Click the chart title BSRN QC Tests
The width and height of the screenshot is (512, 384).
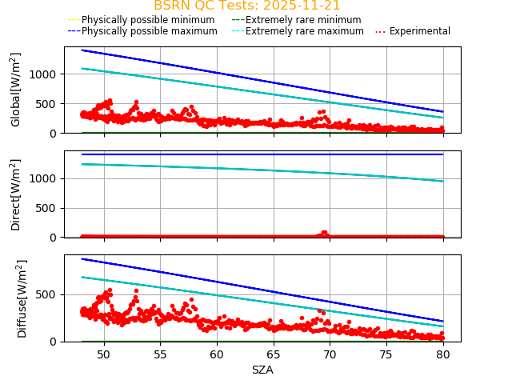pyautogui.click(x=246, y=6)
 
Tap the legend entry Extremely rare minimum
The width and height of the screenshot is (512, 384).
pyautogui.click(x=303, y=19)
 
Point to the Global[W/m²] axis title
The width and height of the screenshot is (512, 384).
pyautogui.click(x=16, y=90)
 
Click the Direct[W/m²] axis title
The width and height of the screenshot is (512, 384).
pyautogui.click(x=16, y=194)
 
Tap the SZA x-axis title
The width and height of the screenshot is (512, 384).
pyautogui.click(x=262, y=370)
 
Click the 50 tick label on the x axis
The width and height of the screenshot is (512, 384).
pyautogui.click(x=104, y=354)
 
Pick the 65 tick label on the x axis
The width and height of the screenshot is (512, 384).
pyautogui.click(x=274, y=354)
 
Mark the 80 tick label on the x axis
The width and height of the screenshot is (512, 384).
pyautogui.click(x=443, y=354)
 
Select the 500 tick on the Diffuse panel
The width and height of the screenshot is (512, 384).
pyautogui.click(x=49, y=294)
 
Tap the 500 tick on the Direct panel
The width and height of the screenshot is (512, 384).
pyautogui.click(x=49, y=208)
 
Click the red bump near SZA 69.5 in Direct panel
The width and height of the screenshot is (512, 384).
pyautogui.click(x=324, y=233)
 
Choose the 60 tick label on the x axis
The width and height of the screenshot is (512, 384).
pyautogui.click(x=217, y=354)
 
